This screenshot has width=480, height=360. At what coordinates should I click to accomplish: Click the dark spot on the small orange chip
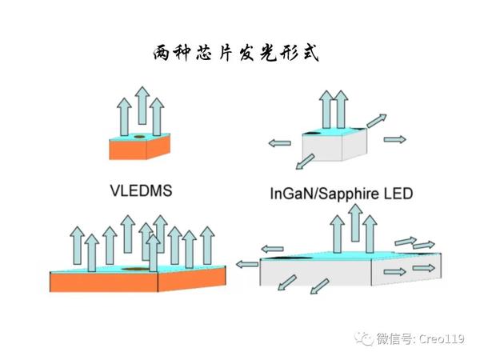click(141, 138)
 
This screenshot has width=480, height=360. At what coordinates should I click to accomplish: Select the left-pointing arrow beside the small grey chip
click(279, 143)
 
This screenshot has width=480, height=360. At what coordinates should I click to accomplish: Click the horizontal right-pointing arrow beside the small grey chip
click(394, 139)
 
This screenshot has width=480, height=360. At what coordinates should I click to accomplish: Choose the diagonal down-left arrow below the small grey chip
click(303, 163)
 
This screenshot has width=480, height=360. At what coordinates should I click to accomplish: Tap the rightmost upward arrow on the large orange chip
click(208, 246)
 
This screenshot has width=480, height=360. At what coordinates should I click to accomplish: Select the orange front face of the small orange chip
click(128, 150)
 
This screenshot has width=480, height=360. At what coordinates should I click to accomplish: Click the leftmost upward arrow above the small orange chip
click(124, 116)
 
